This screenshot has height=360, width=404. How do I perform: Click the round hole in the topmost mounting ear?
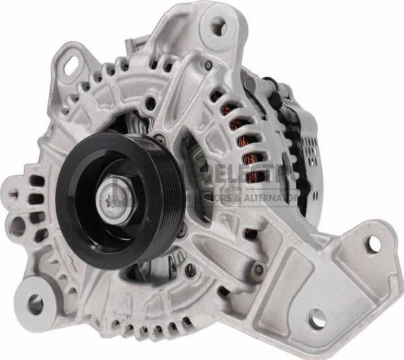(x=219, y=26)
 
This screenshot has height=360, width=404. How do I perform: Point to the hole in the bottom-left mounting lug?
(x=35, y=304)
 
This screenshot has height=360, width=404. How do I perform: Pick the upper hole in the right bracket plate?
(x=372, y=244)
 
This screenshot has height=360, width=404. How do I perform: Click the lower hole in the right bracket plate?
(x=317, y=319)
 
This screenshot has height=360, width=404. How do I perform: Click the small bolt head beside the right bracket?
(x=259, y=269)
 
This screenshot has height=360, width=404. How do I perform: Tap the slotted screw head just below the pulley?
(x=189, y=269)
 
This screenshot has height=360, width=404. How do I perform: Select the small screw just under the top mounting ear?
(x=208, y=66)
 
